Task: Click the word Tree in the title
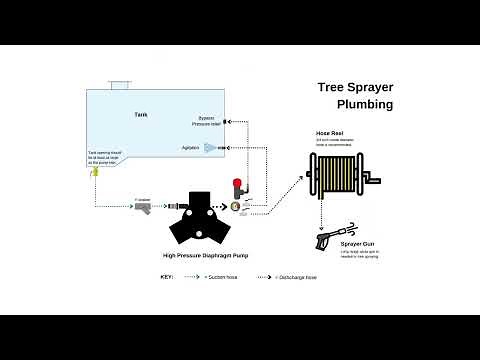pos(332,88)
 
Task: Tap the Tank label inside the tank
pos(141,116)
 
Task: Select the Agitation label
pos(190,148)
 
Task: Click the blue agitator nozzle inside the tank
pos(210,148)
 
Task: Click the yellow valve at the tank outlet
pos(94,172)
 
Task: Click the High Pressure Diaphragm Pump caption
pos(206,256)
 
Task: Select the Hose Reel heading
pos(330,133)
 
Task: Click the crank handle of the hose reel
pos(374,180)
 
